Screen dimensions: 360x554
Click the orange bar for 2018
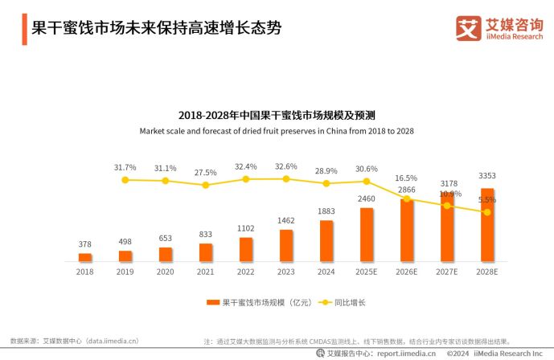pyautogui.click(x=85, y=257)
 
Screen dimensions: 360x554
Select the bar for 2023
pyautogui.click(x=286, y=246)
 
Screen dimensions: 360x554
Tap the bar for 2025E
pyautogui.click(x=367, y=235)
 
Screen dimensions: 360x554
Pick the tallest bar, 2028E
pyautogui.click(x=487, y=225)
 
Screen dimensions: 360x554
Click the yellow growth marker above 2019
pyautogui.click(x=125, y=180)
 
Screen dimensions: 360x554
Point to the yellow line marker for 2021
pyautogui.click(x=206, y=185)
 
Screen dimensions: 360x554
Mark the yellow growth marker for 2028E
pyautogui.click(x=487, y=212)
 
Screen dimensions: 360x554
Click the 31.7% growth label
pyautogui.click(x=125, y=167)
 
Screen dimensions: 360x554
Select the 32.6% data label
pyautogui.click(x=286, y=166)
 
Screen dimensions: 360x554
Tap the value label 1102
pyautogui.click(x=246, y=228)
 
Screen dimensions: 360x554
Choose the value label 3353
pyautogui.click(x=487, y=175)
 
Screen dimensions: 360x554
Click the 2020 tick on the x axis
pyautogui.click(x=166, y=272)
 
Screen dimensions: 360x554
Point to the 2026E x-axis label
pyautogui.click(x=407, y=272)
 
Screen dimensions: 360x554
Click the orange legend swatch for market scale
pyautogui.click(x=213, y=302)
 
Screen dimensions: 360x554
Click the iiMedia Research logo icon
pyautogui.click(x=469, y=28)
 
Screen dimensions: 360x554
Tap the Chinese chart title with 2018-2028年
pyautogui.click(x=277, y=115)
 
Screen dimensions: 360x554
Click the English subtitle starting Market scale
pyautogui.click(x=277, y=130)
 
